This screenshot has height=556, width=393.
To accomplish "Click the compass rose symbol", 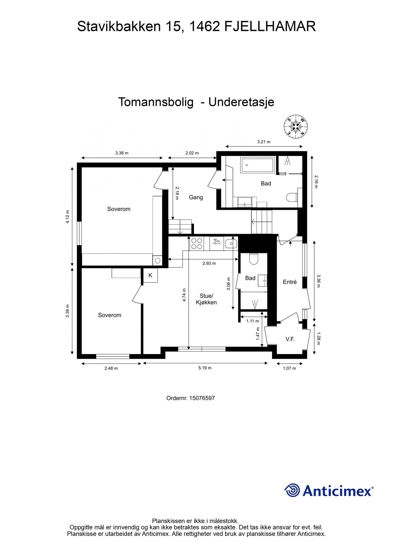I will (296, 127).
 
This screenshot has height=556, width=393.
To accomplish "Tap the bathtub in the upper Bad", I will (258, 165).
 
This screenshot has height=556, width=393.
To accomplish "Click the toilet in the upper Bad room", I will (291, 197).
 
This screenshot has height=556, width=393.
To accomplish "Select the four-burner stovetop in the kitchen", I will (197, 243).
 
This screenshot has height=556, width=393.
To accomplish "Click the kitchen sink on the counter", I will (231, 243).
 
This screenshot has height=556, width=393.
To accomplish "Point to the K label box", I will (150, 275).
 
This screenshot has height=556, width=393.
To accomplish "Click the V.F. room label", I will (290, 339).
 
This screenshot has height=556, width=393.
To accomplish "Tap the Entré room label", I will (290, 282).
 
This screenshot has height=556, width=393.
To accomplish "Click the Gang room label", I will (196, 197).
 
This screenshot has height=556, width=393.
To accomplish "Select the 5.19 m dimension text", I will (205, 368).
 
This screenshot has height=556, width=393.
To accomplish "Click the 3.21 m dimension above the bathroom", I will (264, 142).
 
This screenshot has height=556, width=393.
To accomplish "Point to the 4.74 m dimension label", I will (184, 295).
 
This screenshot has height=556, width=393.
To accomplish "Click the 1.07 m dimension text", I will (289, 368).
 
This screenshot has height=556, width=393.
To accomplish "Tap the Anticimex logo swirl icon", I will (292, 490).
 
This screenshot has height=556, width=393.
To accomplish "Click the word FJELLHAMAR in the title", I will (270, 26).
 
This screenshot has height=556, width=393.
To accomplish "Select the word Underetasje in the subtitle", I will (241, 102).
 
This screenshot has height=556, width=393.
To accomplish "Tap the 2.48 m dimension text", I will (111, 368).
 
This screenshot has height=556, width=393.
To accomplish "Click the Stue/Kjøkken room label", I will (206, 299).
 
